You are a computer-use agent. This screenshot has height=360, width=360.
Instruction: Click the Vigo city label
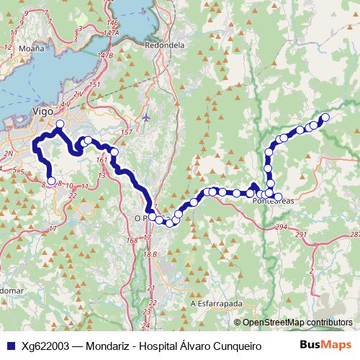pyautogui.click(x=42, y=111)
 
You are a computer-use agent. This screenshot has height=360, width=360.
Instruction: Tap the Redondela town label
pyautogui.click(x=165, y=44)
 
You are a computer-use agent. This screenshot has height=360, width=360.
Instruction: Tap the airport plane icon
pyautogui.click(x=146, y=117)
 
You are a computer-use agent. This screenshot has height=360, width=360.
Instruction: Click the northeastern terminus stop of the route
pyautogui.click(x=325, y=117)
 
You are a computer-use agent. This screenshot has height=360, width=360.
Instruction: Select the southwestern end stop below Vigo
pyautogui.click(x=50, y=181)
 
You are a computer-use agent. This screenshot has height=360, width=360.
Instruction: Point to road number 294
pyautogui.click(x=281, y=228)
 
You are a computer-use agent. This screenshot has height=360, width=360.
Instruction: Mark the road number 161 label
pyautogui.click(x=101, y=160)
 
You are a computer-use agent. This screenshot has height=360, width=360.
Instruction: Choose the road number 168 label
pyautogui.click(x=132, y=240)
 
